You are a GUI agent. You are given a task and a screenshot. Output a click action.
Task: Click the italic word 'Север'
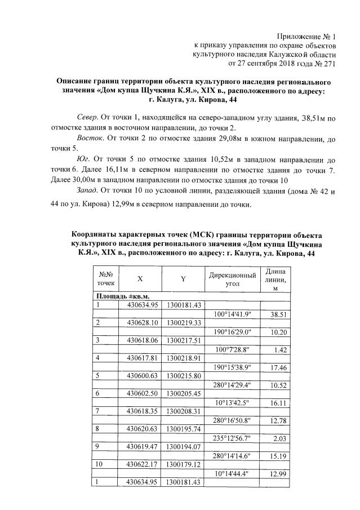(86, 119)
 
